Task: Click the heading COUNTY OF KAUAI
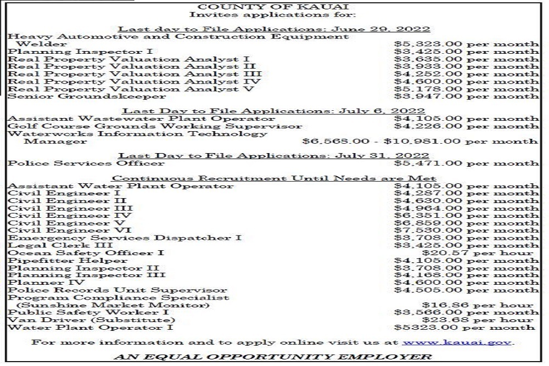coord(274,7)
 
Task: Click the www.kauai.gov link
coord(458,341)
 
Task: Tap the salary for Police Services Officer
coord(466,163)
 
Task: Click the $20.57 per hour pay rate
coord(477,253)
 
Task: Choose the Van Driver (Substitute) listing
coord(91,320)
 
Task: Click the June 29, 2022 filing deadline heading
coord(274,29)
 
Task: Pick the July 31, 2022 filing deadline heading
coord(274,156)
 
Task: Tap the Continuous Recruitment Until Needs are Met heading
coord(274,178)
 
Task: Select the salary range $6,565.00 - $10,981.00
coord(420,141)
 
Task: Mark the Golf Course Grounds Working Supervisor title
coord(155,126)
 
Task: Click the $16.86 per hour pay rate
coord(477,305)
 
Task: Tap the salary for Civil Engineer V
coord(466,223)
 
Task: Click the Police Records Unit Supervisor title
coord(117,290)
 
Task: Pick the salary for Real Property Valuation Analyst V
coord(466,89)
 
